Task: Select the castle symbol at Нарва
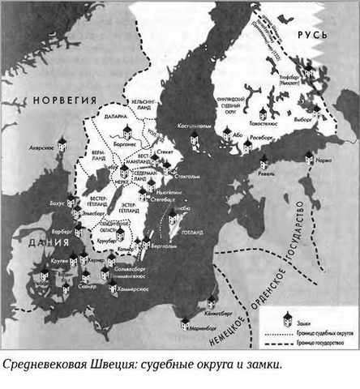[309, 159]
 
